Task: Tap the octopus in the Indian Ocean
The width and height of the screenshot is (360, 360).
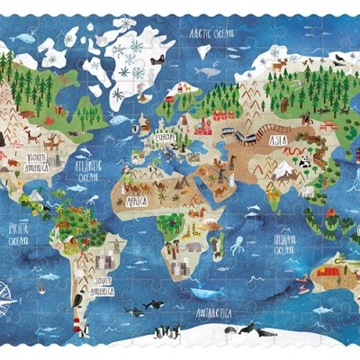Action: point(237,245)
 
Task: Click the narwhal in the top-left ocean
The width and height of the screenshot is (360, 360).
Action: point(24,40)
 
